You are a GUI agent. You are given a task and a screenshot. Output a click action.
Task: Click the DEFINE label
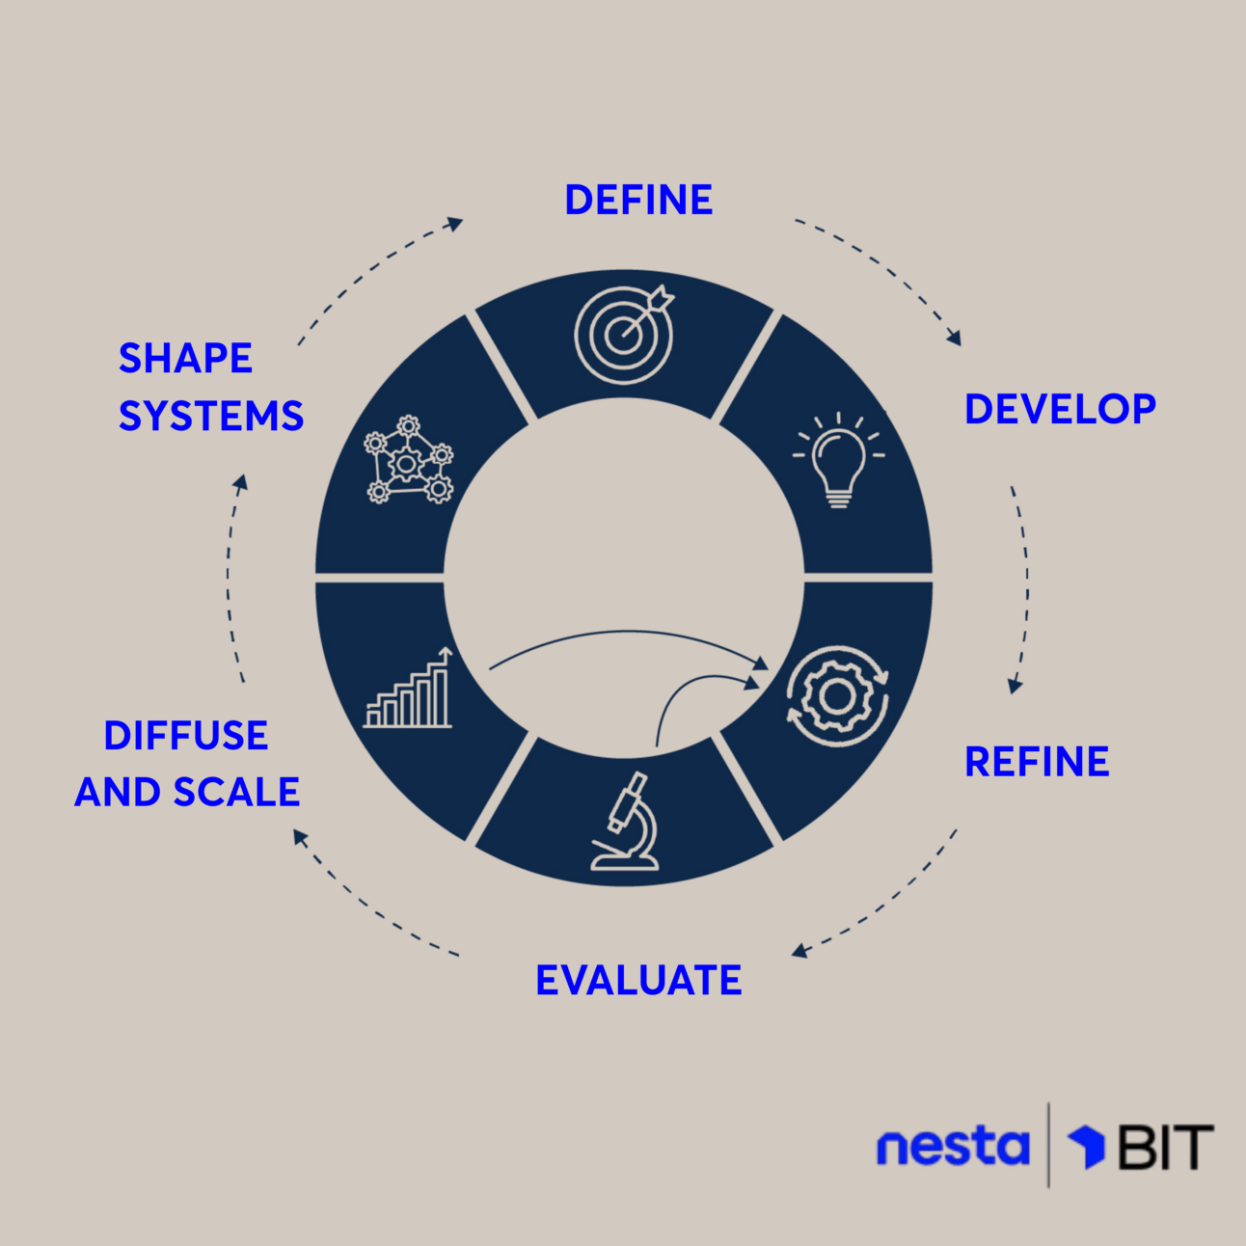click(638, 201)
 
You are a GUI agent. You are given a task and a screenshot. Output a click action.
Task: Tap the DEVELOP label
click(1060, 410)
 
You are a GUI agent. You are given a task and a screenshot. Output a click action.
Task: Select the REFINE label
click(1037, 762)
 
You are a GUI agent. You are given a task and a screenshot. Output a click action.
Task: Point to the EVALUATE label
click(638, 981)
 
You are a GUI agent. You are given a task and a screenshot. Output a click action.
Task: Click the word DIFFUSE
click(186, 736)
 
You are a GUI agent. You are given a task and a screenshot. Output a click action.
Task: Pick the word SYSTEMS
click(211, 417)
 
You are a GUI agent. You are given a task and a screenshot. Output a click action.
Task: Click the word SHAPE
click(185, 359)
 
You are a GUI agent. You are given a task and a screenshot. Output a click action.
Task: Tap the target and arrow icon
click(625, 333)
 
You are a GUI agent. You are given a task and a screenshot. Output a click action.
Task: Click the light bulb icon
click(838, 460)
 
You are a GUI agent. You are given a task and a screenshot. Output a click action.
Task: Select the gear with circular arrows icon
click(836, 695)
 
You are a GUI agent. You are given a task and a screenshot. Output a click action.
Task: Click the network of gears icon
click(408, 460)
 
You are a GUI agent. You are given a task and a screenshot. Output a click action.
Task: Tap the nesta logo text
click(952, 1147)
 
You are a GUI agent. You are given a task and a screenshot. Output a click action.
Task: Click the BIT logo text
click(1165, 1148)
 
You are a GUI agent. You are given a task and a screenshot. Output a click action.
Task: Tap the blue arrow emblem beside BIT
click(1088, 1146)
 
